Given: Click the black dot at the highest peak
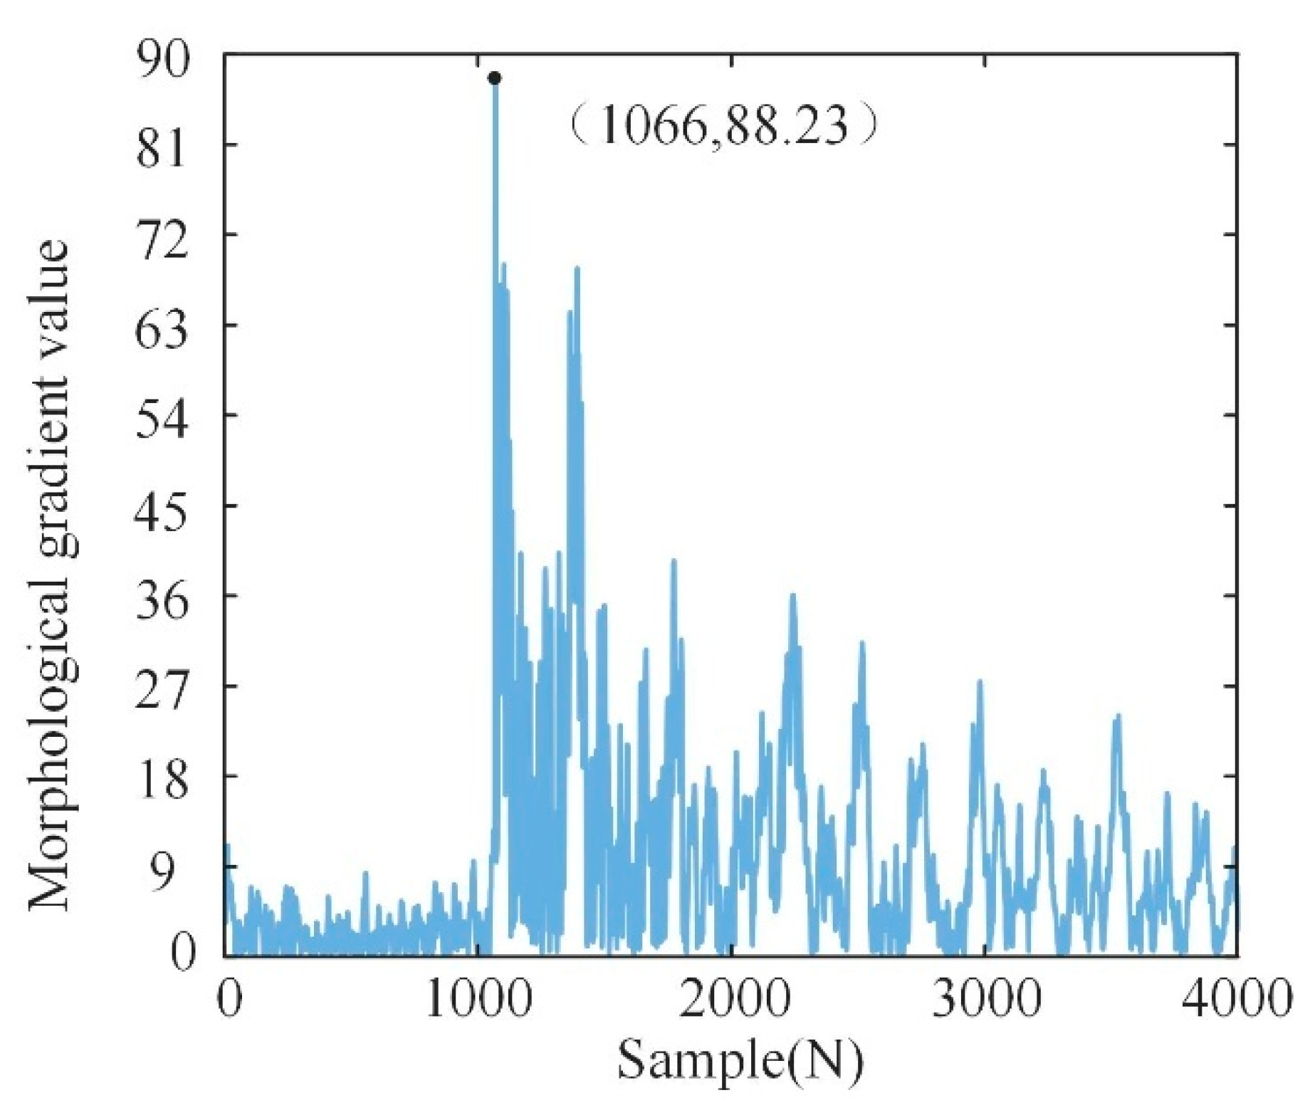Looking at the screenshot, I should (494, 78).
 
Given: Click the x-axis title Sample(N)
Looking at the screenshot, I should (740, 1060).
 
